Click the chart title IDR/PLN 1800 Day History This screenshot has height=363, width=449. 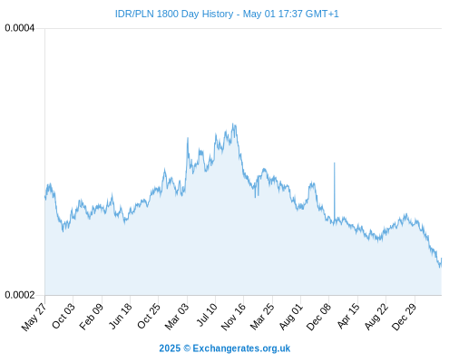tap(174, 14)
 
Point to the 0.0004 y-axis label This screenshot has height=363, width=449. tap(20, 28)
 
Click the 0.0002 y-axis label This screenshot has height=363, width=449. tap(20, 295)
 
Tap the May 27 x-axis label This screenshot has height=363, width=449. tap(34, 317)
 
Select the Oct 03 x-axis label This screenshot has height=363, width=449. tap(63, 316)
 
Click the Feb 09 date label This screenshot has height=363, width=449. tap(92, 316)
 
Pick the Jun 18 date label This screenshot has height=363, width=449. tap(121, 316)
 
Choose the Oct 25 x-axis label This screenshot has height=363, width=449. tap(148, 316)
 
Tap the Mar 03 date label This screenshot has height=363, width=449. tap(177, 316)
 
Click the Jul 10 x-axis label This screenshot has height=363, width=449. tap(207, 315)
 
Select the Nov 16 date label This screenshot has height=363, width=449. tap(233, 316)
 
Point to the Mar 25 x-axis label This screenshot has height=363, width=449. tap(262, 316)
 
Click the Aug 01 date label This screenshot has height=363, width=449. tap(290, 316)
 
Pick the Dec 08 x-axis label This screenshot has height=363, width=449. tap(318, 316)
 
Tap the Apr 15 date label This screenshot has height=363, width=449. tap(348, 316)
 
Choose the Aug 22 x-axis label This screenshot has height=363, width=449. tap(376, 316)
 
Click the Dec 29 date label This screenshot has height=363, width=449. tap(404, 316)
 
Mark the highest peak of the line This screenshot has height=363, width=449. tap(233, 123)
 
